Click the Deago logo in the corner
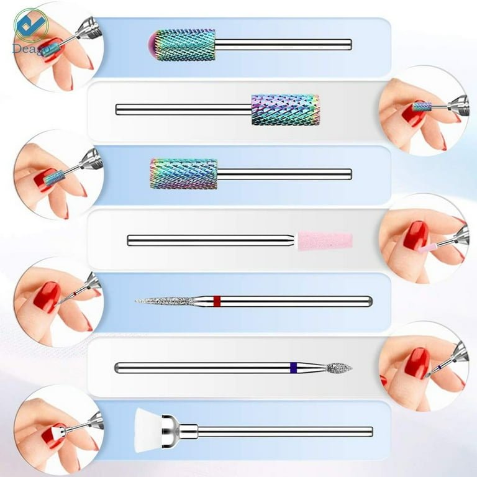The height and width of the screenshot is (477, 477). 30,30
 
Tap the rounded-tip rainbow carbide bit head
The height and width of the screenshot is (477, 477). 182,45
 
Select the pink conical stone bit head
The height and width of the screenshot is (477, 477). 325,241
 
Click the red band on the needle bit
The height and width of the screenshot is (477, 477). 217,301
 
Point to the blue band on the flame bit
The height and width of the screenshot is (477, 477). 294,368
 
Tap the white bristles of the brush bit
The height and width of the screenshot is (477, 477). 148,430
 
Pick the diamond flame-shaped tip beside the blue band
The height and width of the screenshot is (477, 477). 339,368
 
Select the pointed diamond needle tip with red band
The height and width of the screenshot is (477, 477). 164,301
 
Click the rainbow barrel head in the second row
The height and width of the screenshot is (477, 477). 285,109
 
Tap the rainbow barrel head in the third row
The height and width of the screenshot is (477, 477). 184,174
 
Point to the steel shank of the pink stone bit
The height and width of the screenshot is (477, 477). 211,240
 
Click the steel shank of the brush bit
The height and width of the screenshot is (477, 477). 285,432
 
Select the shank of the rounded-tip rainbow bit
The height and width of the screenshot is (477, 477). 283,45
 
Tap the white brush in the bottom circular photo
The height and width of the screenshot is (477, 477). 54,433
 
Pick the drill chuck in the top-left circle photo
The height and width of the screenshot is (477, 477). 88,30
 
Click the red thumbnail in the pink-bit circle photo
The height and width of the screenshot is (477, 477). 416,235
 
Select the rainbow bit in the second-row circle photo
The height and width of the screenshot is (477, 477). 422,107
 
